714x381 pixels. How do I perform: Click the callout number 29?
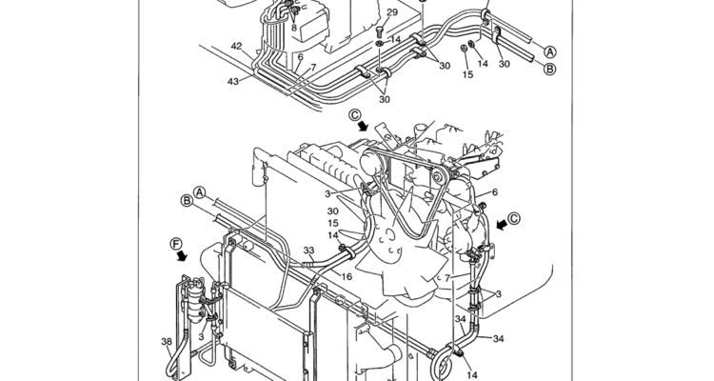pyautogui.click(x=391, y=12)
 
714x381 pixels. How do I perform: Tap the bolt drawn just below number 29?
pyautogui.click(x=381, y=31)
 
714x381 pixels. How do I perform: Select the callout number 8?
pyautogui.click(x=294, y=28)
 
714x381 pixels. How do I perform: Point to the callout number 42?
pyautogui.click(x=236, y=46)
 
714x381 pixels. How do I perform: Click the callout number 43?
pyautogui.click(x=232, y=82)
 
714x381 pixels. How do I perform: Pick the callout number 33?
pyautogui.click(x=308, y=251)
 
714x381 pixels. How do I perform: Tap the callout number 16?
pyautogui.click(x=347, y=276)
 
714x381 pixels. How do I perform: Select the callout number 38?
pyautogui.click(x=167, y=341)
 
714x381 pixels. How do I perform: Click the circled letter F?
pyautogui.click(x=176, y=244)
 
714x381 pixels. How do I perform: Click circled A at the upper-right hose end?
pyautogui.click(x=550, y=51)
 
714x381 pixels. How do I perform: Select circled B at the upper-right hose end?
pyautogui.click(x=550, y=70)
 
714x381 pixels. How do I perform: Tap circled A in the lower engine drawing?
pyautogui.click(x=199, y=192)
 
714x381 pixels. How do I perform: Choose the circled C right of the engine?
pyautogui.click(x=514, y=219)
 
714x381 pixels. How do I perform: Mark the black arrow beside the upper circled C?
pyautogui.click(x=364, y=126)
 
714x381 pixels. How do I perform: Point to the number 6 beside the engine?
pyautogui.click(x=495, y=192)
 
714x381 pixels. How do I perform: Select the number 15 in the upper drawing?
pyautogui.click(x=467, y=74)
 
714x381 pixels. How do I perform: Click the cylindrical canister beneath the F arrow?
pyautogui.click(x=197, y=301)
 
